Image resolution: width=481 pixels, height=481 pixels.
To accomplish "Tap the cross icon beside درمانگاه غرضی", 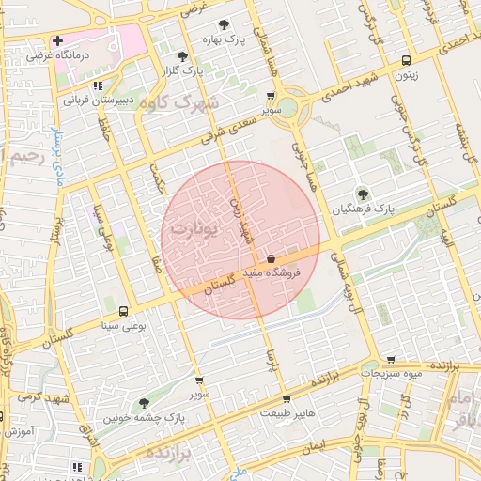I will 58,41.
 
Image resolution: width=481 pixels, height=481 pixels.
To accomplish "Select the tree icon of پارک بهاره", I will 224,26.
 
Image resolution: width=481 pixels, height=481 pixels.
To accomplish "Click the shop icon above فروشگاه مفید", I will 272,257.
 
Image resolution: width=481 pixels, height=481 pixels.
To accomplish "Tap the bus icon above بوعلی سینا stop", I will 124,311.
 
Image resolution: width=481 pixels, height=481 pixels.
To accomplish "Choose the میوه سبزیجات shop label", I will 391,374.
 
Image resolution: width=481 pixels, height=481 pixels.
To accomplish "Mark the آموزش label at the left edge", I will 19,431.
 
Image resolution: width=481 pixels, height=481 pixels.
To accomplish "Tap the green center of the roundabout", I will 287,108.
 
